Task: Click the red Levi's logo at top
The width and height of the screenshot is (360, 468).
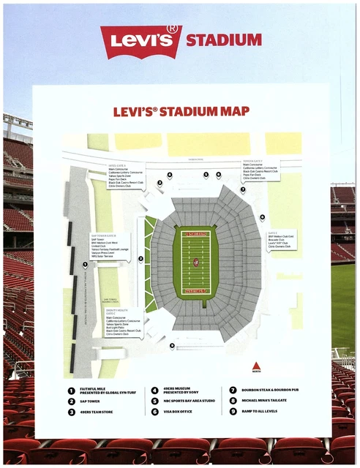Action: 141,41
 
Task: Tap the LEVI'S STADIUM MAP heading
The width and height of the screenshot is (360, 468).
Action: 176,112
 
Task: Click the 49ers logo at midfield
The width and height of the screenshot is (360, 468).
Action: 195,262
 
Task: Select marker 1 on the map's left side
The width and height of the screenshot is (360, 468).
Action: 85,265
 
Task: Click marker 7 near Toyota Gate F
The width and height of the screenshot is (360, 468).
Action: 242,189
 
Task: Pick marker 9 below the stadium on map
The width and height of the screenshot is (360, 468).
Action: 172,345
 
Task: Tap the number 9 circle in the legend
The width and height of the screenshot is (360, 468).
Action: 233,412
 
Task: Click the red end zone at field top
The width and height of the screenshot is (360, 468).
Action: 195,234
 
